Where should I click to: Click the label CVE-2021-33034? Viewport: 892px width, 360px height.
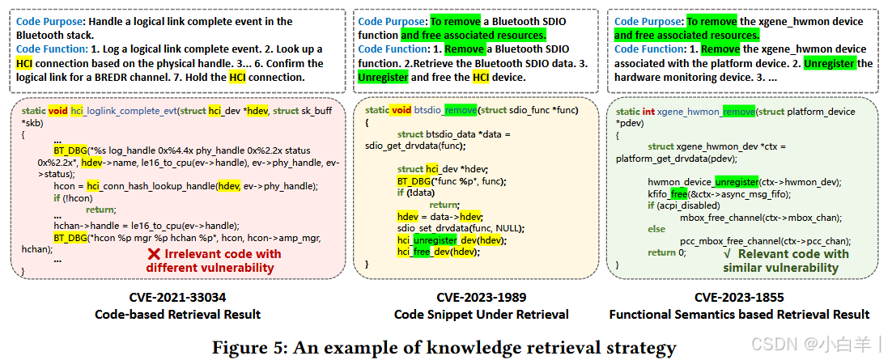[x=178, y=297]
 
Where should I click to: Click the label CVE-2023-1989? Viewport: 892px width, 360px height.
[x=480, y=297]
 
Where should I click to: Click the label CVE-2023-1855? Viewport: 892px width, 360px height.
[x=739, y=297]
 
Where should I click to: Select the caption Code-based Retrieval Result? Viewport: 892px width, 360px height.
[x=178, y=314]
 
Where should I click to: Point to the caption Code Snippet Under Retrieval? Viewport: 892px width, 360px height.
[x=481, y=314]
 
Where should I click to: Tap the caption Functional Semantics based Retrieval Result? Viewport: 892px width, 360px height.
[x=739, y=314]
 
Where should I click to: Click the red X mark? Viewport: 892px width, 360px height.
[x=152, y=254]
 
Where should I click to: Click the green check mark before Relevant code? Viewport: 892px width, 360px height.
[x=727, y=254]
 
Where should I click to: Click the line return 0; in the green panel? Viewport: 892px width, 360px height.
[x=666, y=252]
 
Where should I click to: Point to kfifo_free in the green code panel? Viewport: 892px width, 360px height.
[x=667, y=193]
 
